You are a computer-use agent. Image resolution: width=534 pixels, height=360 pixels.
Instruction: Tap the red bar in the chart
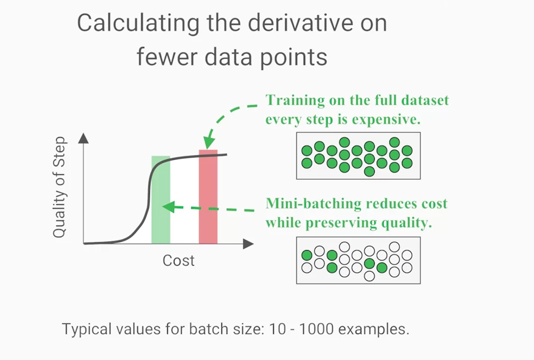208,197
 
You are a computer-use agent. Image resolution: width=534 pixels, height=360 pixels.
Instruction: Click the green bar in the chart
161,200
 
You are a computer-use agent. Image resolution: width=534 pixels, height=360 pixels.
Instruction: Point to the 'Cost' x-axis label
179,261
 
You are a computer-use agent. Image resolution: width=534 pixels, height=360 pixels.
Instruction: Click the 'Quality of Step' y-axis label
59,187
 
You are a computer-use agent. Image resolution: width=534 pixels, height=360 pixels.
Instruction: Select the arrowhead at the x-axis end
248,244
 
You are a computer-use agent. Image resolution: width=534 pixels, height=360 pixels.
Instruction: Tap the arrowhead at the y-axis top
83,138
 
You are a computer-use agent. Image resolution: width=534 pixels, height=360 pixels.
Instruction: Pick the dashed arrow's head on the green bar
168,207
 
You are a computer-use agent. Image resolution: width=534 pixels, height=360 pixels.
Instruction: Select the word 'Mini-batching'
314,203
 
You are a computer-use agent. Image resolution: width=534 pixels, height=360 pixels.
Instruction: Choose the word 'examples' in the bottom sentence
374,329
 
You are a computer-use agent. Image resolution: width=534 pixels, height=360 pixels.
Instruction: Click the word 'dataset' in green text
425,100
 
